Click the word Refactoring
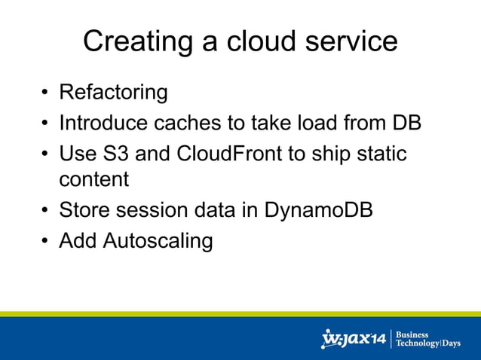113,93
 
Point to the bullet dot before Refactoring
45,94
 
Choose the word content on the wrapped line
94,180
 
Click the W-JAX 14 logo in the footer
354,339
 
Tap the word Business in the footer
412,335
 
